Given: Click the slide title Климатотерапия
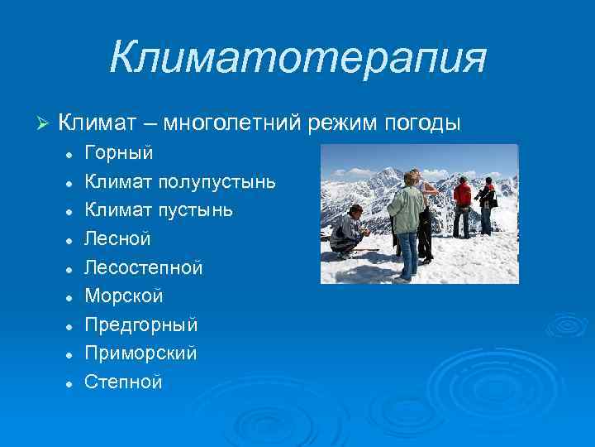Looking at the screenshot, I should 297,58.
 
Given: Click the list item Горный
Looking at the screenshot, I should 119,153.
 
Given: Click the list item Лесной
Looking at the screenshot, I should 118,239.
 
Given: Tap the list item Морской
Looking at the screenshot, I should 124,296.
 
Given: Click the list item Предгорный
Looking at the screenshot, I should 140,324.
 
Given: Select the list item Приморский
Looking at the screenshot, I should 140,353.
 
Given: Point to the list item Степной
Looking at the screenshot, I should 124,382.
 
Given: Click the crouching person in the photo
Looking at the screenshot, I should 347,231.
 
